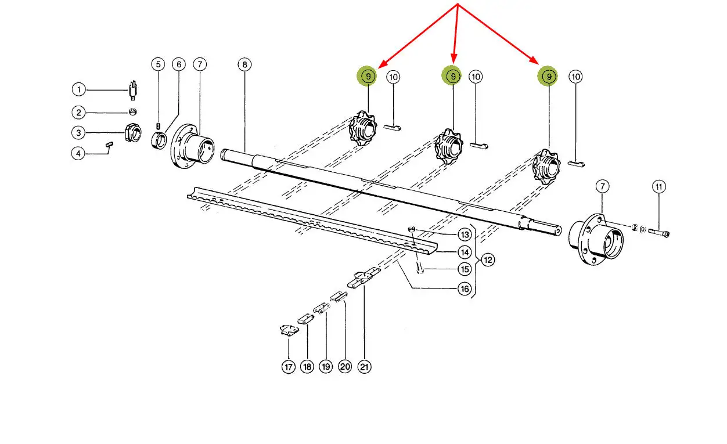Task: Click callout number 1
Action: click(78, 89)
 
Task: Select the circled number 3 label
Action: click(78, 133)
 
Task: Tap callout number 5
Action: click(158, 64)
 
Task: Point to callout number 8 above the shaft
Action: click(244, 64)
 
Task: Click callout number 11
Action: click(659, 187)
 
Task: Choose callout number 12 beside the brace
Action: click(488, 260)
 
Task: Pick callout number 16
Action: click(465, 288)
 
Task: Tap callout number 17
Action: click(289, 367)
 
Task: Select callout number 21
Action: click(364, 367)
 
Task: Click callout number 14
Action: click(465, 252)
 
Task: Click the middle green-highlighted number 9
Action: click(453, 76)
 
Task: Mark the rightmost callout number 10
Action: click(575, 77)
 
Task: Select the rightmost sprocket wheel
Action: click(546, 167)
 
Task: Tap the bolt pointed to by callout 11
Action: click(658, 233)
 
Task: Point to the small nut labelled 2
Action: click(132, 112)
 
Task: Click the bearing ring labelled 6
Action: click(159, 140)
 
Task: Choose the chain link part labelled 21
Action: click(363, 278)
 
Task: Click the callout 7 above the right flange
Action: click(602, 186)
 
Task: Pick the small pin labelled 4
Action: click(109, 145)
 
